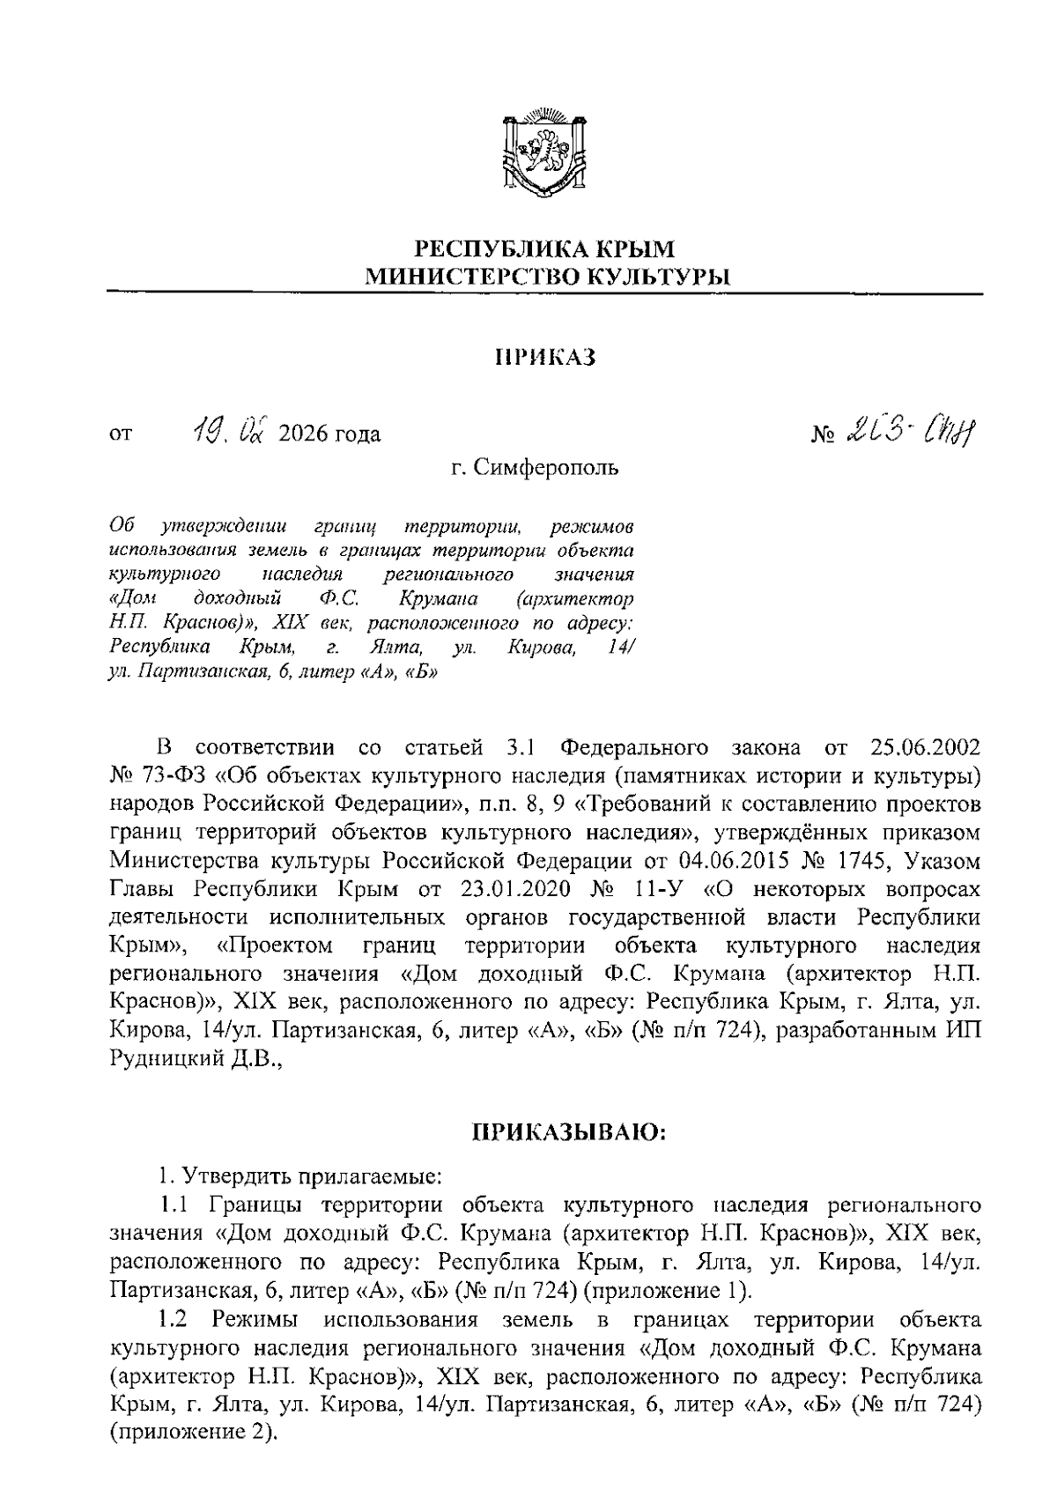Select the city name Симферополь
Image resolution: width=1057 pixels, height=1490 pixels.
click(x=547, y=467)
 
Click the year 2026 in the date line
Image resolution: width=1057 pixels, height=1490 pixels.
click(x=301, y=434)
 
